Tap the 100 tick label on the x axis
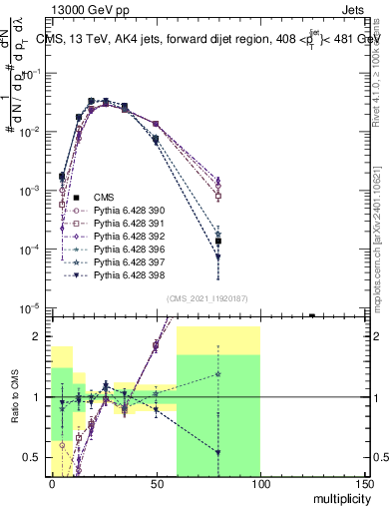pyautogui.click(x=259, y=483)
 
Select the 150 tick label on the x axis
pyautogui.click(x=364, y=483)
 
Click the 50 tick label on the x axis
pyautogui.click(x=156, y=483)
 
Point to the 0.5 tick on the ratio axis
pyautogui.click(x=33, y=457)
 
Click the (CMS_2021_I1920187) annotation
pyautogui.click(x=207, y=298)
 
